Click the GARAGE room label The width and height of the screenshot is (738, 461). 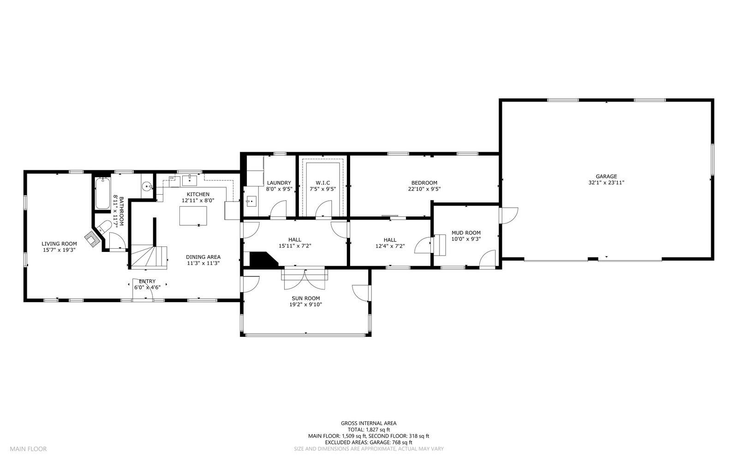point(606,176)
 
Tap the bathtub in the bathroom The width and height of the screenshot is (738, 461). point(102,193)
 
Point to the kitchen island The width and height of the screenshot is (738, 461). point(193,216)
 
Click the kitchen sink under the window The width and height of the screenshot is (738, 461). point(190,180)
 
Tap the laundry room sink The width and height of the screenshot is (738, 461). point(251,201)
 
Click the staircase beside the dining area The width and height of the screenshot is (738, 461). point(149,257)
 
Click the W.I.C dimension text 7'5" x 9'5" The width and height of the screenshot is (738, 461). point(322,189)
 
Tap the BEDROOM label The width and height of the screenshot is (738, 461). point(424,183)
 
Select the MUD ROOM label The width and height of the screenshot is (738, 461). point(466,233)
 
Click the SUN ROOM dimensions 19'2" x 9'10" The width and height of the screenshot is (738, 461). point(306,305)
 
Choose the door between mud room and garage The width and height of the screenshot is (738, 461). point(508,216)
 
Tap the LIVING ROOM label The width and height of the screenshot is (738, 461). point(60,244)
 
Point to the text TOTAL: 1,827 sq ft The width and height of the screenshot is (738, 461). point(369,430)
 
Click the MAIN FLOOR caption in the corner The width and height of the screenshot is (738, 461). point(28,449)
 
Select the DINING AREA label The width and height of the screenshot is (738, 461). point(203,257)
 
